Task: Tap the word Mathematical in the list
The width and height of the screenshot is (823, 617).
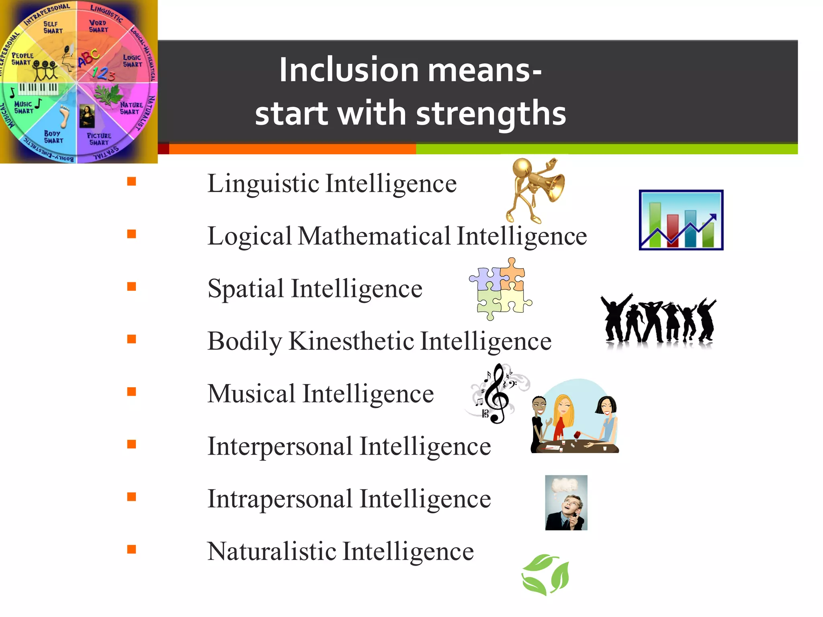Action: click(374, 236)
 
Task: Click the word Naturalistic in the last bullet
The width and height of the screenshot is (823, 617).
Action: click(271, 552)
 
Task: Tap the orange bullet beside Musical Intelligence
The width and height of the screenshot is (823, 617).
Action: click(131, 392)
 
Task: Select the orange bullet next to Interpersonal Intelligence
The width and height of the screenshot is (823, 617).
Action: click(131, 444)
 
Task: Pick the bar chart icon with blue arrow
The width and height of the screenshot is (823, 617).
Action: click(681, 220)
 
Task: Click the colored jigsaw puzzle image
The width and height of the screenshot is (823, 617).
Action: click(500, 289)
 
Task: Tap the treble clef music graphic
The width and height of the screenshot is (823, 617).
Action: click(497, 394)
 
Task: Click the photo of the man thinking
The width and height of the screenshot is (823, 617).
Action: click(566, 503)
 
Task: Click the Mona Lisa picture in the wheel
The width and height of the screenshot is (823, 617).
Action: click(87, 116)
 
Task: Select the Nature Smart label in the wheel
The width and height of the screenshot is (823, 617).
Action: click(131, 108)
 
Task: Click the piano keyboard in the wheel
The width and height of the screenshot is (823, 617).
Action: click(38, 88)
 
